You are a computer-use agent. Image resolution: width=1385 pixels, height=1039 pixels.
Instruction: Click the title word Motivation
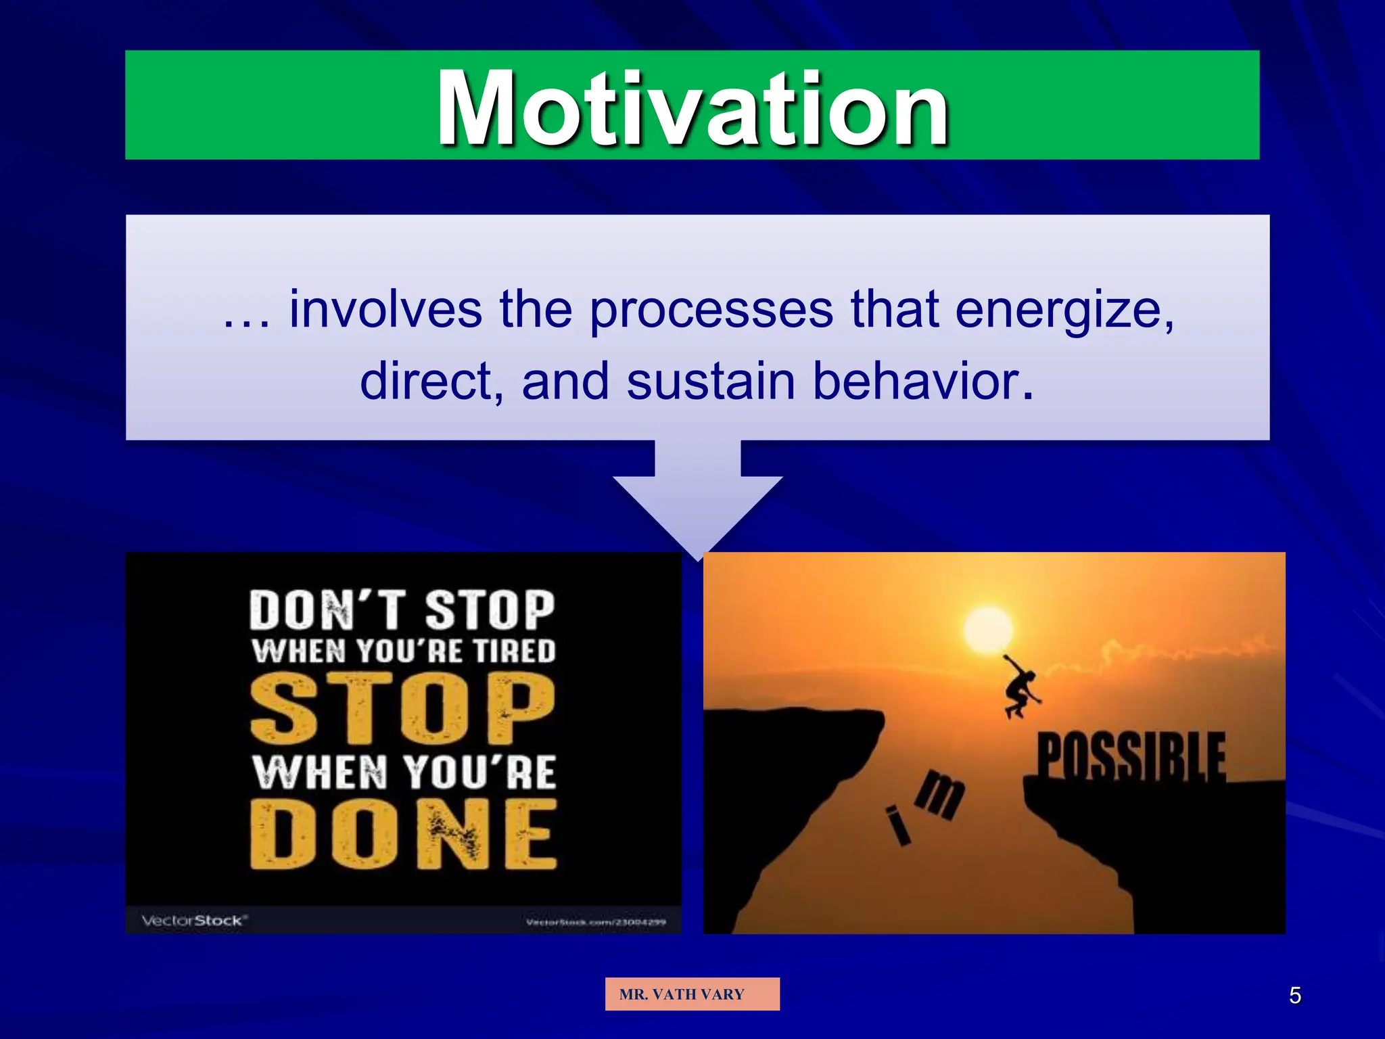692,108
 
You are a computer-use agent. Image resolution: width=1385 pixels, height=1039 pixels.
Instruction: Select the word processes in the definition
711,310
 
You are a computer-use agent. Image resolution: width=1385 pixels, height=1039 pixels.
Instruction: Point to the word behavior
922,382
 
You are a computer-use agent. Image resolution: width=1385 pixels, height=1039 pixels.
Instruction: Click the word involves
385,310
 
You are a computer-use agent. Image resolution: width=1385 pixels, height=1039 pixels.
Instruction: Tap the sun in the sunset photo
988,630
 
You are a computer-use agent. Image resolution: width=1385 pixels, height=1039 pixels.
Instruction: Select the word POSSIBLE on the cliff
1131,756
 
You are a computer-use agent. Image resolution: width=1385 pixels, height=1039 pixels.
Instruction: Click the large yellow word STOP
402,709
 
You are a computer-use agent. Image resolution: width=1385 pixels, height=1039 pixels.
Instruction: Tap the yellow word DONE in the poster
404,834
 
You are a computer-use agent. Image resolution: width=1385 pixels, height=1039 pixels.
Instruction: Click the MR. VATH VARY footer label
692,994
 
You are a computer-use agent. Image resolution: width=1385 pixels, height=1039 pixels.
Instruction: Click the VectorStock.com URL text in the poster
595,922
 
